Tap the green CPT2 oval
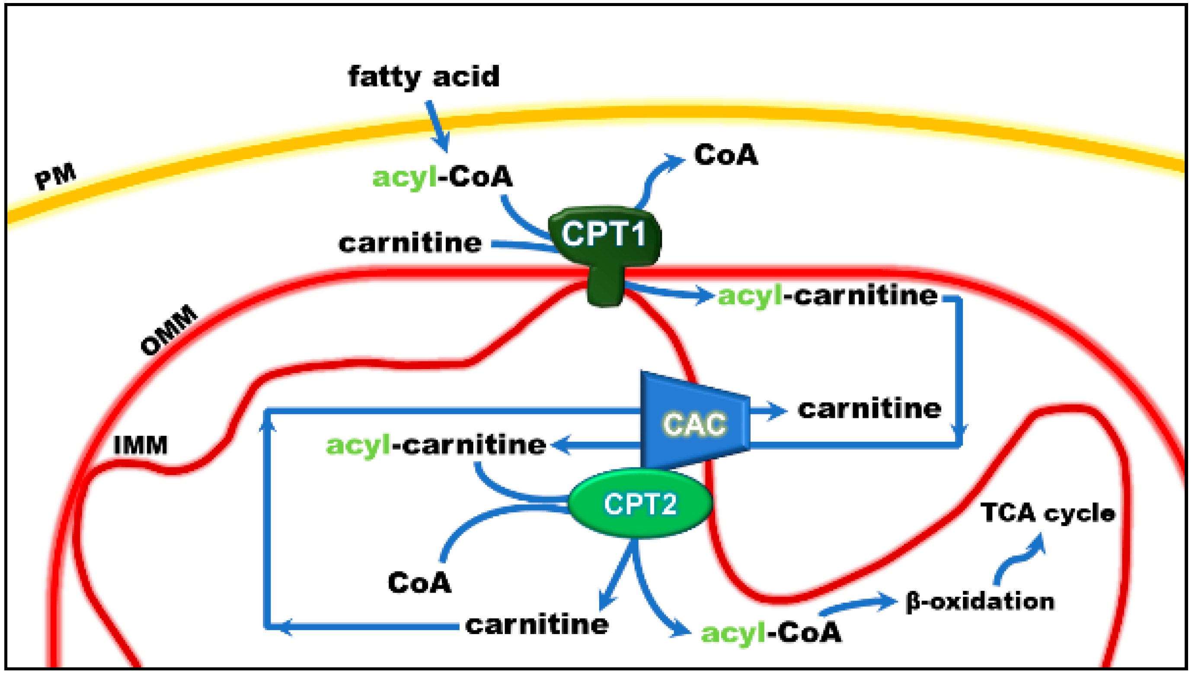click(x=640, y=504)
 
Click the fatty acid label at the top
click(x=424, y=77)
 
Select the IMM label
click(x=140, y=445)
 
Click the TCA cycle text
click(x=1048, y=513)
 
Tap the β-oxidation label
click(x=980, y=602)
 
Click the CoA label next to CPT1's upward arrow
click(x=726, y=155)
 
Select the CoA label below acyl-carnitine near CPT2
click(x=419, y=582)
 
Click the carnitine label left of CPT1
click(x=410, y=243)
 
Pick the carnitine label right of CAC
click(x=869, y=409)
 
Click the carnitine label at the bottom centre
click(x=537, y=625)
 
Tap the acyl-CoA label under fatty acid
click(x=442, y=177)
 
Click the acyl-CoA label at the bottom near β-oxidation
click(x=771, y=633)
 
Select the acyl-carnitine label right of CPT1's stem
click(x=828, y=296)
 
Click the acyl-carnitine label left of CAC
click(x=435, y=445)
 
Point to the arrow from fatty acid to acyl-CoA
click(x=438, y=126)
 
